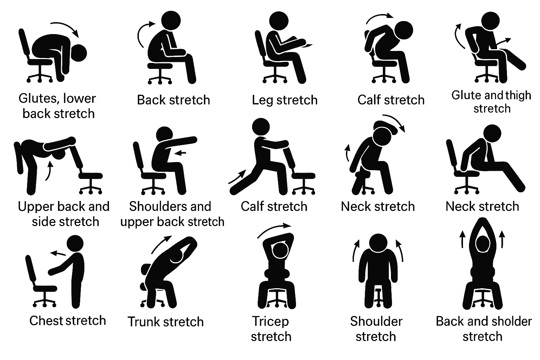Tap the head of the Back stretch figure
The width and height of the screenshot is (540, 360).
click(171, 20)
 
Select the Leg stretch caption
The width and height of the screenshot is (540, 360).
click(285, 100)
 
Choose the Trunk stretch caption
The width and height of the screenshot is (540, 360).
click(166, 322)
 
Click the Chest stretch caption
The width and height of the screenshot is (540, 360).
click(68, 321)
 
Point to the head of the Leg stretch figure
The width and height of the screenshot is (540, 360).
click(278, 21)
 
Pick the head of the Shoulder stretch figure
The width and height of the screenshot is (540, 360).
click(378, 243)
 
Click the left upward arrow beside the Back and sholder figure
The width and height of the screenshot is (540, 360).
click(462, 239)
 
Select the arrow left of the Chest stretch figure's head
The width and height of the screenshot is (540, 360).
click(58, 253)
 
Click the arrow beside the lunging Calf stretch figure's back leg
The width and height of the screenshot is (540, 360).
click(237, 176)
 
